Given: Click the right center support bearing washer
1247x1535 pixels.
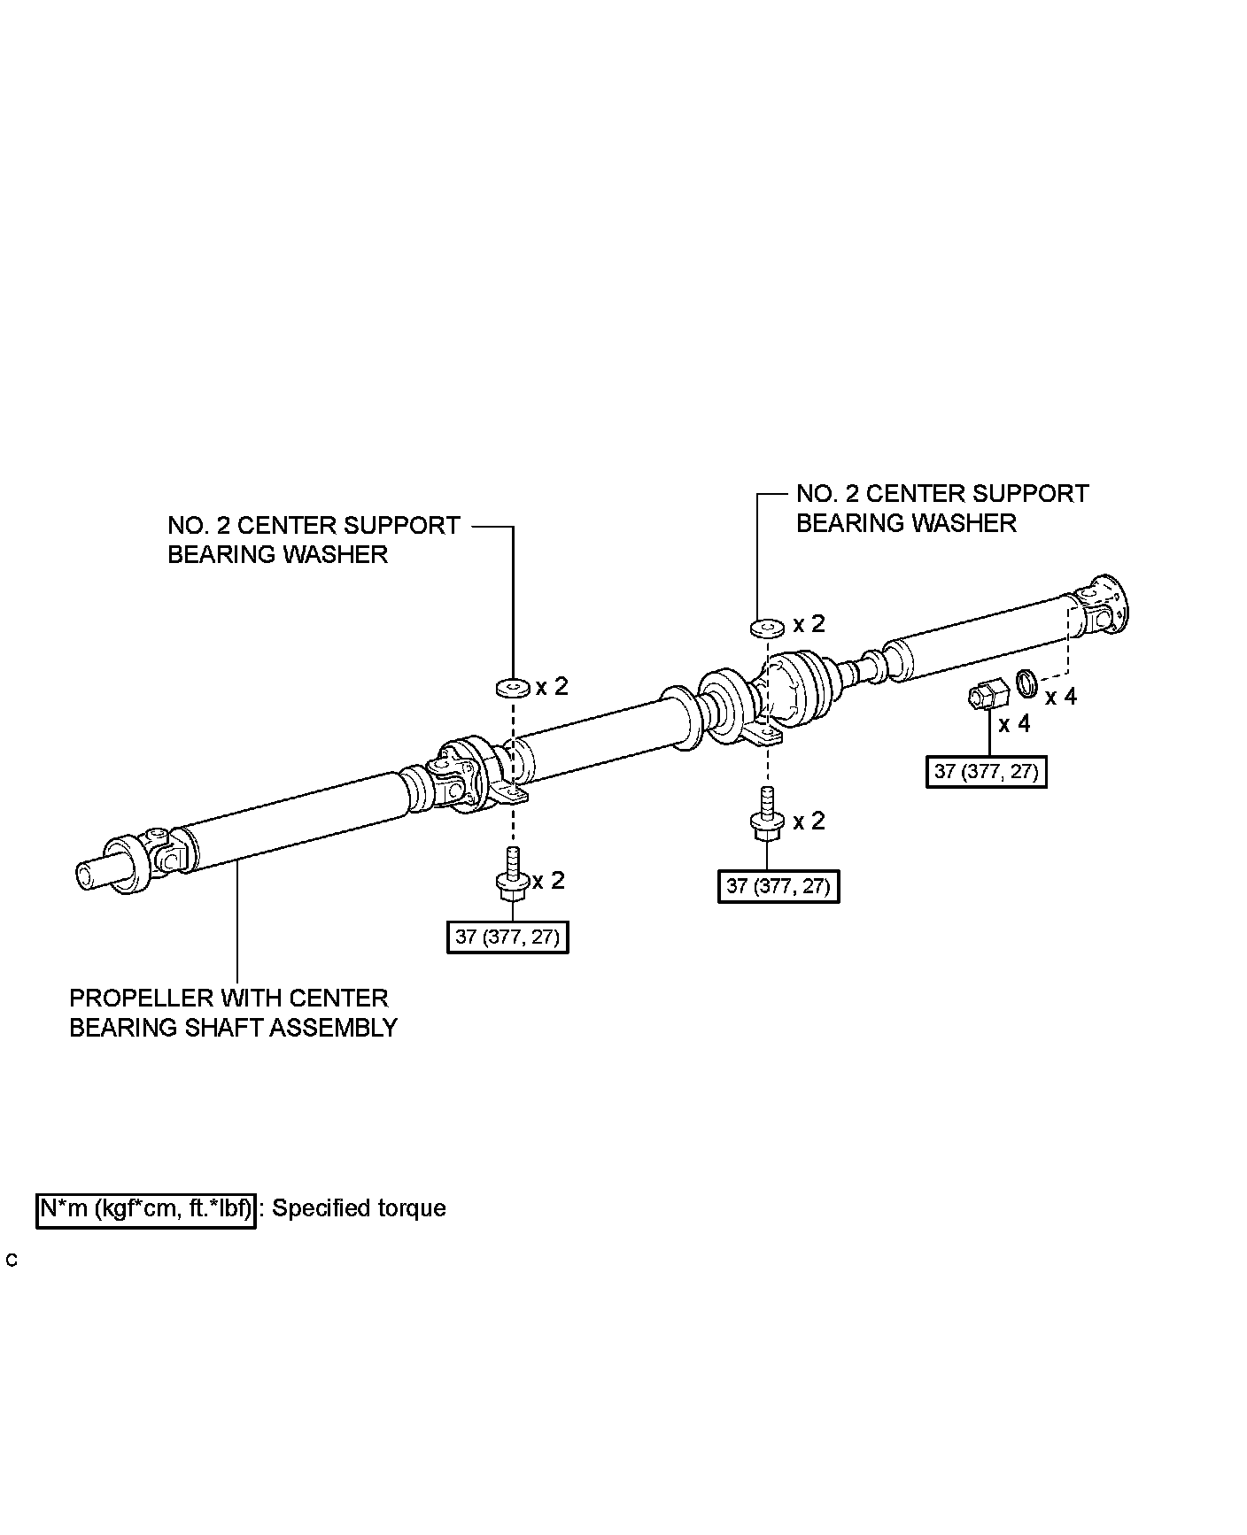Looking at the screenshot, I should click(x=767, y=628).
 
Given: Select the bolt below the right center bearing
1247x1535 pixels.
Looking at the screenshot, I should click(x=766, y=817).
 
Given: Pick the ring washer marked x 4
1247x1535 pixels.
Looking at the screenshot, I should click(x=1027, y=683).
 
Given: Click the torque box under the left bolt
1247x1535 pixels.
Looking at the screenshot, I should click(x=507, y=936).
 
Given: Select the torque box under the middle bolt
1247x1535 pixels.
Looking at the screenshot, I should click(x=778, y=885).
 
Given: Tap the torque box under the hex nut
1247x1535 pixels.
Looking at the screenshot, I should click(x=986, y=771).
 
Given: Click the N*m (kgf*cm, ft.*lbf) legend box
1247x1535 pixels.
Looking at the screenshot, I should click(x=146, y=1209).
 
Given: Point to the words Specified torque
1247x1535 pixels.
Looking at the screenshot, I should click(x=359, y=1209).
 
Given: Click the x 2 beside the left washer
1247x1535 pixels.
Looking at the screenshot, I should click(x=552, y=686).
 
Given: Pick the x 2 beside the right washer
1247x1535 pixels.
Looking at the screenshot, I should click(x=809, y=624).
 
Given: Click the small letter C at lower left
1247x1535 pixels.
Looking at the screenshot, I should click(x=12, y=1261).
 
